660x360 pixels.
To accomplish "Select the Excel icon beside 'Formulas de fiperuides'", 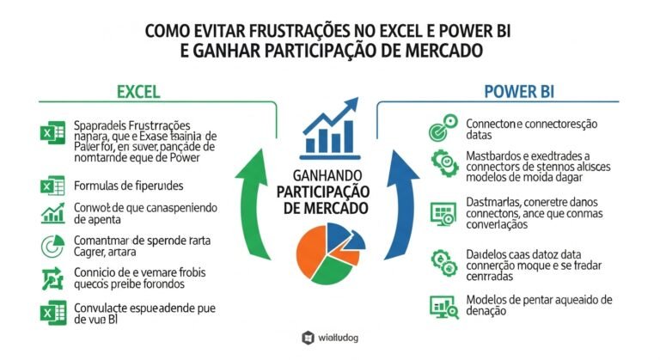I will coord(52,186).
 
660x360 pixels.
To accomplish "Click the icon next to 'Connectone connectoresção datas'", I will coord(439,130).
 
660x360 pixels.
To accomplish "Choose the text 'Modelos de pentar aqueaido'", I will coord(537,299).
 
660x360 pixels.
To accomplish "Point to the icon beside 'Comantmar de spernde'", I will coord(52,247).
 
